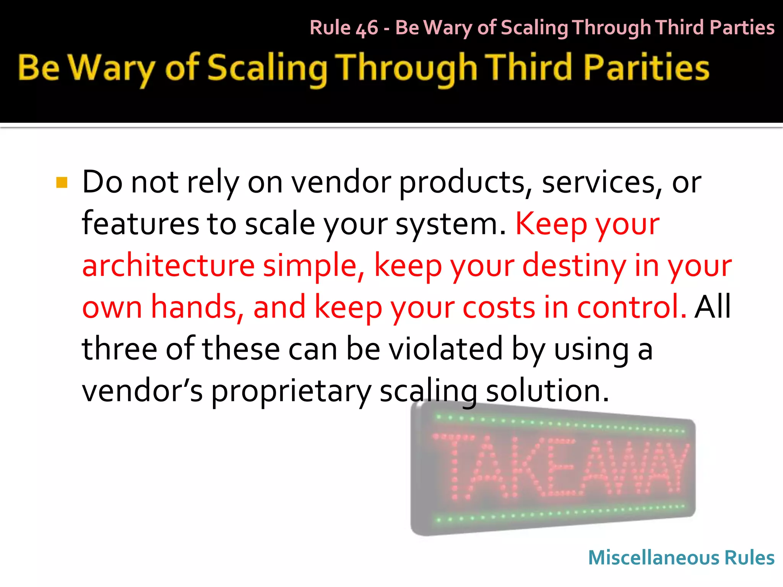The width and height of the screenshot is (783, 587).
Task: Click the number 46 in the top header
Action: tap(367, 28)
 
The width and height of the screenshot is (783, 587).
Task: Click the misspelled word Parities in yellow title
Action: tap(646, 68)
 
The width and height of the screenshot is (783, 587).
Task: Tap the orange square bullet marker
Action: tap(62, 183)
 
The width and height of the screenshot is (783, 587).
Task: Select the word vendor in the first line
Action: tap(341, 183)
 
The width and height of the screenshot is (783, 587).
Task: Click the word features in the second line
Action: tap(140, 224)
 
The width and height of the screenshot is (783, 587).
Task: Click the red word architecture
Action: tap(168, 266)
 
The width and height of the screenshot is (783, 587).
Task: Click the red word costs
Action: tap(499, 308)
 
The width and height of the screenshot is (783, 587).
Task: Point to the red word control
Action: tap(631, 307)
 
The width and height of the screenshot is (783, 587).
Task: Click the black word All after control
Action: tap(713, 307)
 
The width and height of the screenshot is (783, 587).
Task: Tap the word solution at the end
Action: tap(547, 391)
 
